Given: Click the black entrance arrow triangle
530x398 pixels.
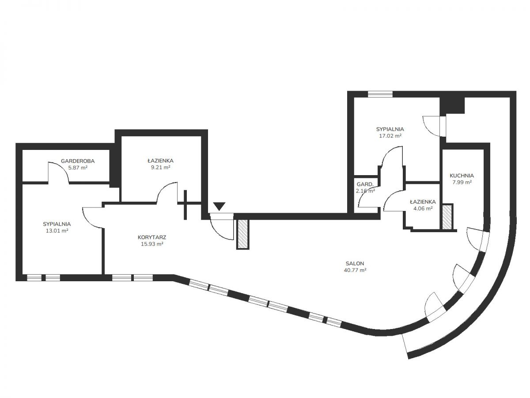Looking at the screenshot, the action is (x=219, y=206).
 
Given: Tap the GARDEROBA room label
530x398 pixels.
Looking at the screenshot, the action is (x=77, y=161).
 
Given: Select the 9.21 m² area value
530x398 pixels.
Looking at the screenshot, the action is (x=161, y=167).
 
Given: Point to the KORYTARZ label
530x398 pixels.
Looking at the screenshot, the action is (x=152, y=237).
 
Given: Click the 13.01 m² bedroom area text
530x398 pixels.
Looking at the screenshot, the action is (x=57, y=230).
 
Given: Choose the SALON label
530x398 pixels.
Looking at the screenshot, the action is (x=355, y=264).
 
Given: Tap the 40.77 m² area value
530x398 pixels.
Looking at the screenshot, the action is (x=355, y=270).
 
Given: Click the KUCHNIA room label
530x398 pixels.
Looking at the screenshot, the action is (x=462, y=176).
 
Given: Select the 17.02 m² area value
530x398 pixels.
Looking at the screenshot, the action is (x=390, y=136).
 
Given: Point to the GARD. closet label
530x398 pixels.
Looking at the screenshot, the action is (x=365, y=184).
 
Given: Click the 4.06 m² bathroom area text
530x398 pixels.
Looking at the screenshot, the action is (x=423, y=208).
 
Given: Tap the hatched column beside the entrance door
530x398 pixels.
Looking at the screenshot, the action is (x=242, y=234).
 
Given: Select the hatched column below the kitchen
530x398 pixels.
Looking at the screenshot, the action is (x=447, y=217).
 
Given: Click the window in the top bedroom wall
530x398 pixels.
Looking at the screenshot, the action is (x=380, y=94).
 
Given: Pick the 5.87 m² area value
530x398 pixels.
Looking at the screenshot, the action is (x=78, y=167).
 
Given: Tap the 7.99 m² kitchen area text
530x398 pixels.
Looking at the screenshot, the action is (x=462, y=182).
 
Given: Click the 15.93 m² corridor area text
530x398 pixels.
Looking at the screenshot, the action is (x=152, y=244).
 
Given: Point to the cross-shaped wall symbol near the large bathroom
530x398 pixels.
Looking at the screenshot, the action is (x=185, y=205).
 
